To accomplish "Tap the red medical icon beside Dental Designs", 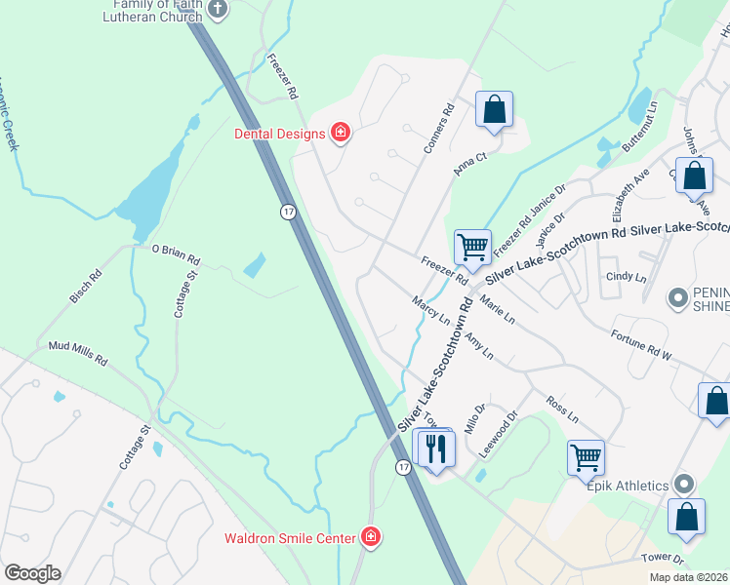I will [341, 132].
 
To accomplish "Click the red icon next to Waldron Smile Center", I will [370, 536].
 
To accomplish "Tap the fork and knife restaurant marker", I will [435, 448].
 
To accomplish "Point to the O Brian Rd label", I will [176, 255].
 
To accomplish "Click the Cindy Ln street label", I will [626, 277].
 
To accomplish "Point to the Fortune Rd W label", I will [641, 345].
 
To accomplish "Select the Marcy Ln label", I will [430, 311].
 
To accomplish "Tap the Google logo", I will [32, 573].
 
